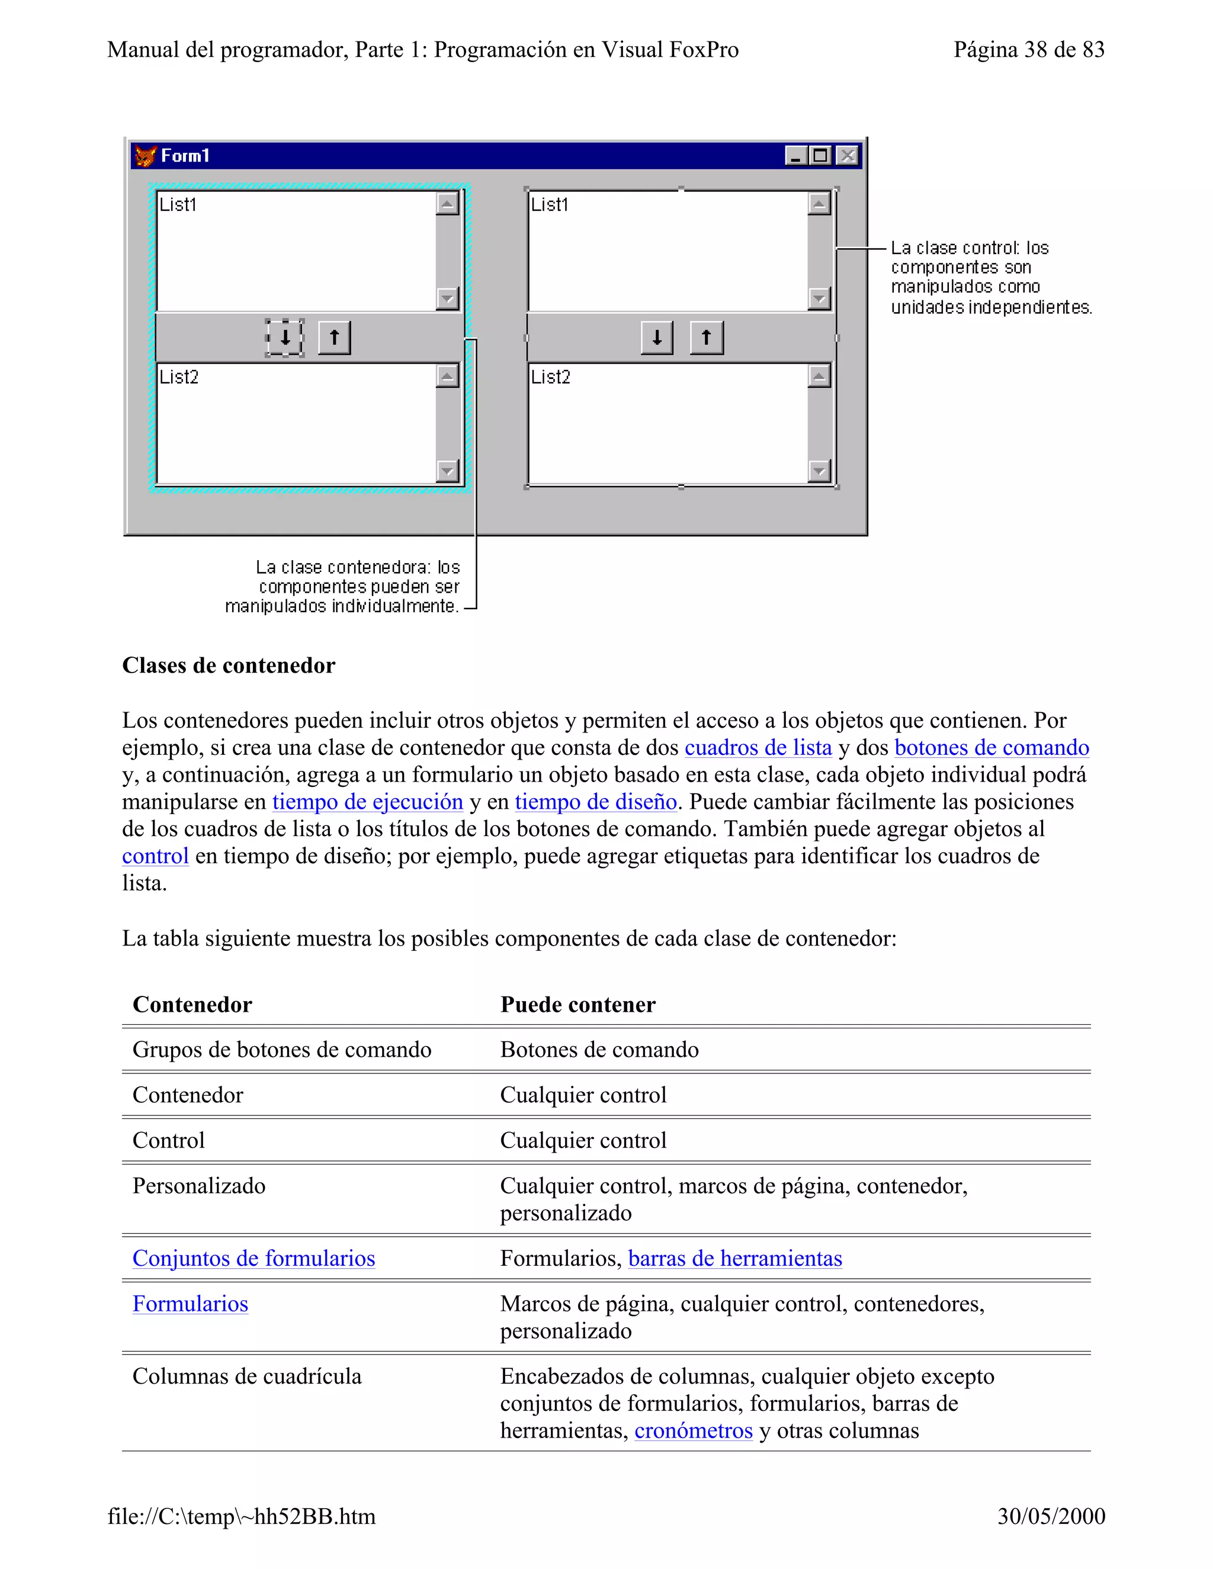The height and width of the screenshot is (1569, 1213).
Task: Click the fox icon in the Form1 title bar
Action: pos(146,156)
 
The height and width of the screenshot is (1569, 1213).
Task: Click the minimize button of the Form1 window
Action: pos(795,156)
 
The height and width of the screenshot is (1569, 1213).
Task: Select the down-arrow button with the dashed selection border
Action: pos(284,337)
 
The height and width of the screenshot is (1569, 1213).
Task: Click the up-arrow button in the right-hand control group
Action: pos(707,337)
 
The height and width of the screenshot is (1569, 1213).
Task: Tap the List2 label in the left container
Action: pos(179,377)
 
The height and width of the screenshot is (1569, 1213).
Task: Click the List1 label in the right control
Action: pos(550,205)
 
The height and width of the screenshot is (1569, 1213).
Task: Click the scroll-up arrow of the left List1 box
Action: pos(447,204)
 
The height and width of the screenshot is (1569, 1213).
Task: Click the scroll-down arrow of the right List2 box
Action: pos(819,471)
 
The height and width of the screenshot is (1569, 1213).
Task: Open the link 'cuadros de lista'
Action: pos(758,748)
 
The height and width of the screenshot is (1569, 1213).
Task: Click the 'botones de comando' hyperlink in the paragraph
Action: pos(991,748)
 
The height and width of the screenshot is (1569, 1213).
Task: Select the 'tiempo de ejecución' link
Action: pos(367,802)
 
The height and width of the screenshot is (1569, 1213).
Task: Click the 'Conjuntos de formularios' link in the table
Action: pos(253,1259)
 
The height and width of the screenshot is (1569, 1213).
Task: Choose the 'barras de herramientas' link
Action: pos(734,1259)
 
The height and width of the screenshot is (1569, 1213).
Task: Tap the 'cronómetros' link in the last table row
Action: pos(694,1430)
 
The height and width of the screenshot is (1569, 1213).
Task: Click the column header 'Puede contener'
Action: pos(577,1004)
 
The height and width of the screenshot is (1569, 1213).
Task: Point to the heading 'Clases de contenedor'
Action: pos(229,665)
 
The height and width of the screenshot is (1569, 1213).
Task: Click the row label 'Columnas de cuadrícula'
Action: pos(246,1377)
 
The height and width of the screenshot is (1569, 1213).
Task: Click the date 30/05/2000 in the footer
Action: pos(1051,1516)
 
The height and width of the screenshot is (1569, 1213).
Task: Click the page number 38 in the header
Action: pos(1035,50)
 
